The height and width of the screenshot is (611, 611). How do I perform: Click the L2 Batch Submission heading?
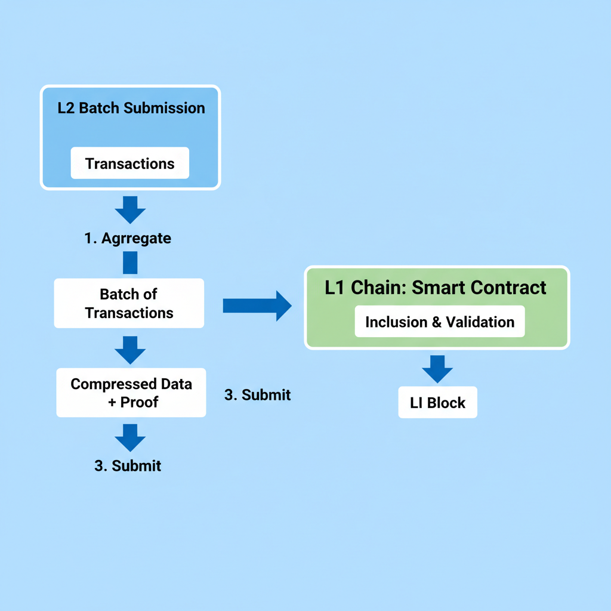pos(131,108)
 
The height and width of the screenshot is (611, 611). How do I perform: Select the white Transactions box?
pos(129,163)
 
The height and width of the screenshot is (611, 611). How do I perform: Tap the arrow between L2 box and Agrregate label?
pos(130,209)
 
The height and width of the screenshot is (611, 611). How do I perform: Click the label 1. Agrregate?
pos(128,238)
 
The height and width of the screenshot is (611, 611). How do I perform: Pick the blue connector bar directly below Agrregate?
pos(130,263)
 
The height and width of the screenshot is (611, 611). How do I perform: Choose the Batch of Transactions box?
pos(129,303)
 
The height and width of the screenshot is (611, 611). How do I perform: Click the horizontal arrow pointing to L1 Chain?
pos(257,305)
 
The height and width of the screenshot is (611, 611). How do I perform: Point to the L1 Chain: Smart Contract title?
pos(436,287)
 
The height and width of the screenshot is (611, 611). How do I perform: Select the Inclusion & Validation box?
pos(440,322)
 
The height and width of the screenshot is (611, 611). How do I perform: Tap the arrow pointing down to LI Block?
pos(437,369)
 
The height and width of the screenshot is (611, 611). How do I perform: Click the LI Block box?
pos(437,403)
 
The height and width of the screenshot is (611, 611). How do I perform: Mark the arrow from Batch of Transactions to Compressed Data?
pos(130,350)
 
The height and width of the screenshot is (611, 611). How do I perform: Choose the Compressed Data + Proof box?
pos(131,393)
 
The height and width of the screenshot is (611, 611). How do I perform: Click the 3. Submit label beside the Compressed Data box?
pos(258,394)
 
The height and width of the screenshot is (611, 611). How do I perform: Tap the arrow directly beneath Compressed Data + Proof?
pos(130,437)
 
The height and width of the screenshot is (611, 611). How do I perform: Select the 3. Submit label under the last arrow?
pos(128,465)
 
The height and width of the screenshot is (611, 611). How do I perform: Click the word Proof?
pos(140,402)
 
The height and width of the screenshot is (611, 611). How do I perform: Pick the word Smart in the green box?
pos(437,287)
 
